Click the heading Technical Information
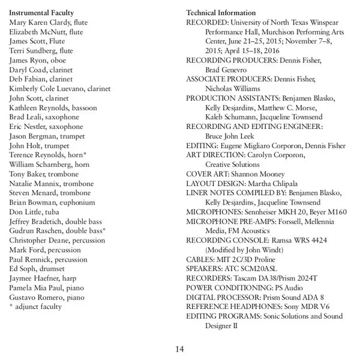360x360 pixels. click(x=221, y=13)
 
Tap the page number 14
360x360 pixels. click(x=180, y=349)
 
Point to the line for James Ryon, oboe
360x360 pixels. click(x=38, y=61)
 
